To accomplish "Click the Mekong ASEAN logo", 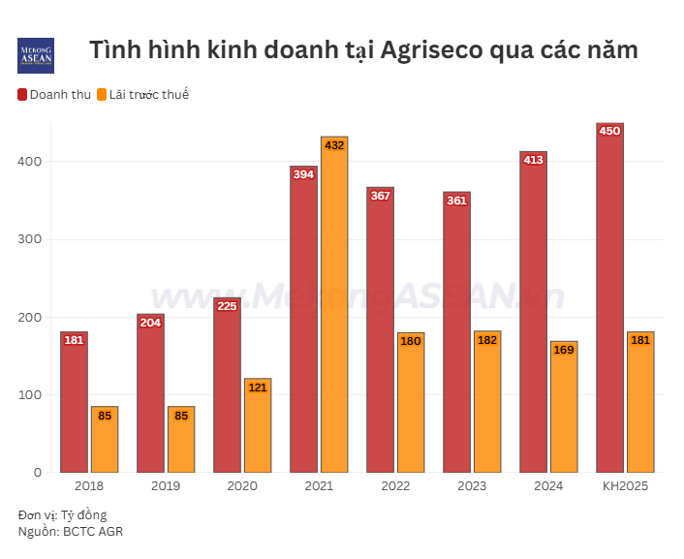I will coord(36,55).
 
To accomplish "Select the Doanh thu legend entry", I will coord(55,94).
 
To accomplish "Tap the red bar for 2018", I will coord(74,402).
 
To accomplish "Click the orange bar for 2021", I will coord(334,305).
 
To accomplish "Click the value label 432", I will coord(334,145).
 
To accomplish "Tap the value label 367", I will coord(380,196).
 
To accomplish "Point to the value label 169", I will coord(564,350).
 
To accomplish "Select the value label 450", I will coord(609,131).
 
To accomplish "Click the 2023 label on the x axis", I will coord(472,485).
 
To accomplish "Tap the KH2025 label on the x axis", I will coord(625,485).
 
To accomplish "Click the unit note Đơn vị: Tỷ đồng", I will coord(62,514).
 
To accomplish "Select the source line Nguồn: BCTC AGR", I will coord(71,531).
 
